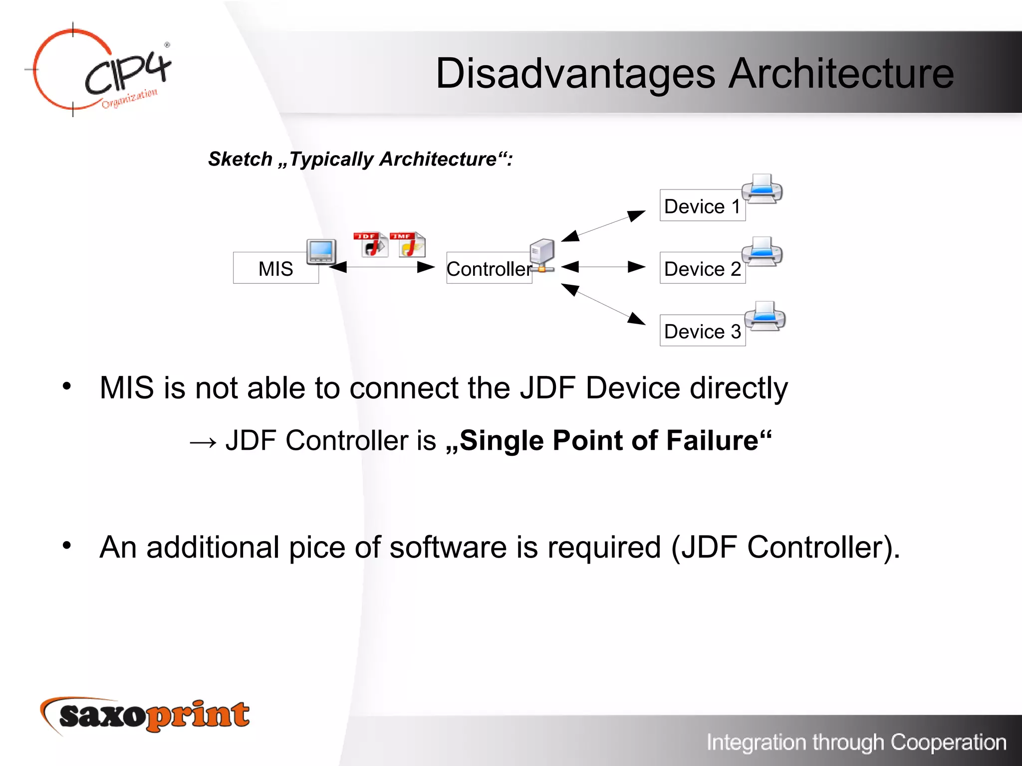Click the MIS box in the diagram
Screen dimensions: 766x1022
275,268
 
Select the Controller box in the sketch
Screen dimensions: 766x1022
489,269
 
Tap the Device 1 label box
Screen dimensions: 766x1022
702,206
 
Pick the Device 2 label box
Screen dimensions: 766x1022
702,268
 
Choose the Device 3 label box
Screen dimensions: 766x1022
702,331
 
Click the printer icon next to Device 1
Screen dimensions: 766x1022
762,189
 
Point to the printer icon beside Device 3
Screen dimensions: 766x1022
765,316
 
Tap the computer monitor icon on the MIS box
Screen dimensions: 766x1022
321,251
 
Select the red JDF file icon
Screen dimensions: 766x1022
371,244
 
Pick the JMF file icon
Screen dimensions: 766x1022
408,244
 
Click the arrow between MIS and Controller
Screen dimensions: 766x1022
382,267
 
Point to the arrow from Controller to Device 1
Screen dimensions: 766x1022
603,226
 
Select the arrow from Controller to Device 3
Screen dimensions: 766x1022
603,304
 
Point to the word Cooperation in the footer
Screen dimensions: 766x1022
948,742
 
